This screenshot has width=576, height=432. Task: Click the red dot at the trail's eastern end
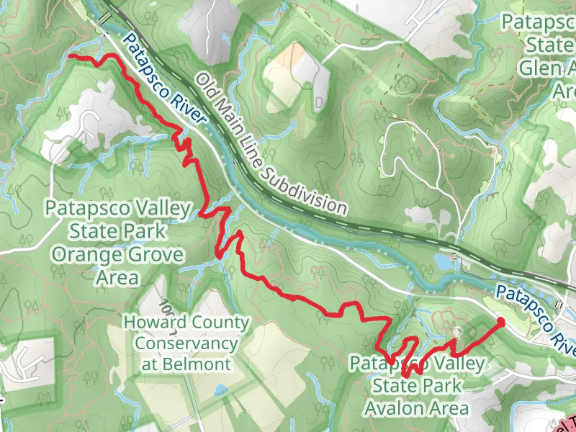500,323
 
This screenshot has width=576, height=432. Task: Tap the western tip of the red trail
70,55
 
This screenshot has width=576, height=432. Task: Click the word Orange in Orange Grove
82,256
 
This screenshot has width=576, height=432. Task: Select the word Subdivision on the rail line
305,189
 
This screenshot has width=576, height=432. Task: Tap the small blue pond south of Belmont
218,391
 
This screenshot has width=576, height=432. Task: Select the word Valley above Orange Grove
157,209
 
